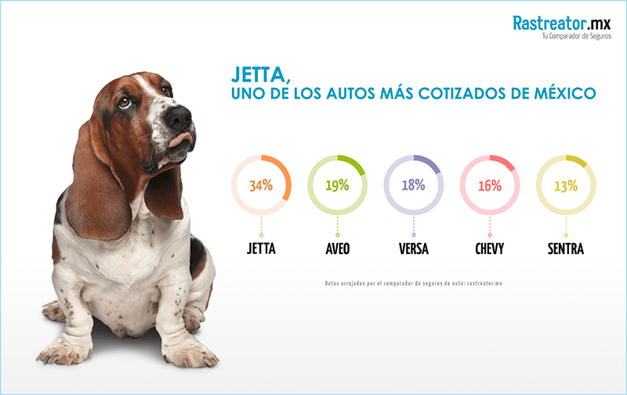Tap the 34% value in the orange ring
(x=261, y=186)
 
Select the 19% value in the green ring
(x=337, y=186)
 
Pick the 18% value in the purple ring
(x=413, y=186)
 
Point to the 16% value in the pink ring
(x=489, y=186)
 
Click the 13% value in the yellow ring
(x=565, y=186)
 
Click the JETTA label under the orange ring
(x=261, y=250)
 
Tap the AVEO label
(x=337, y=250)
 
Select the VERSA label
(x=413, y=250)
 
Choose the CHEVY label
(x=489, y=250)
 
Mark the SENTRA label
(x=565, y=250)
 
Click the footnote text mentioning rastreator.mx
(x=413, y=283)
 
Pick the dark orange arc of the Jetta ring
(x=286, y=176)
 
